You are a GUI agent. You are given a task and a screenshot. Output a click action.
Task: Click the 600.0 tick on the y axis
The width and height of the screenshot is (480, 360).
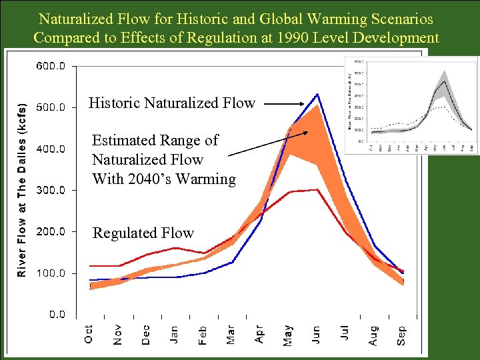(50, 66)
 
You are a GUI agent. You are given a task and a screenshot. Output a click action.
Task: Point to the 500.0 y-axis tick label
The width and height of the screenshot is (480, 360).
(50, 107)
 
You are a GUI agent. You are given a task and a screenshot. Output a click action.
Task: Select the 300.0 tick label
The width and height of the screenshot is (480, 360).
(50, 190)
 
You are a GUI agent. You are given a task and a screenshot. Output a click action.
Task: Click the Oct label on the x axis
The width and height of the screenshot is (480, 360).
(89, 334)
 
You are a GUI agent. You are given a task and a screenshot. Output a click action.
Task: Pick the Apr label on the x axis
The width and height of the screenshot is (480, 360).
(259, 334)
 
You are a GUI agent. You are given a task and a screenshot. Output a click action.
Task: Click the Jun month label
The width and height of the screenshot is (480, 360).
(316, 333)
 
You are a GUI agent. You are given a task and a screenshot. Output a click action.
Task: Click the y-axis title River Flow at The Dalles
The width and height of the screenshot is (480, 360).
(22, 190)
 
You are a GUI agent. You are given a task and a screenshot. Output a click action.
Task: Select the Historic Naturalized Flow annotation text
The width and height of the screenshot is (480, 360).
(172, 103)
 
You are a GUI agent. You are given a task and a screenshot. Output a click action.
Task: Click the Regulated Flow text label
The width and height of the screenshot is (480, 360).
(143, 233)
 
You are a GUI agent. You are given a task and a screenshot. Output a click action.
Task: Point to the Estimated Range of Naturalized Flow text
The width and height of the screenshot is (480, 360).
(163, 159)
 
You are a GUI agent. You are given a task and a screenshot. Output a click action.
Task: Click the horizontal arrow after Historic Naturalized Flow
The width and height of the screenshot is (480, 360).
(286, 103)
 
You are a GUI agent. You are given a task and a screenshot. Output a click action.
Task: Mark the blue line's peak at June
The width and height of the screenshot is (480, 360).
(317, 94)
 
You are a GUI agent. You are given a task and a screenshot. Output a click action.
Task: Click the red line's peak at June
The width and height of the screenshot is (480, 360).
(317, 189)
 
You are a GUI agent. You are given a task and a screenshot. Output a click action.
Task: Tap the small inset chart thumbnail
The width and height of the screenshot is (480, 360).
(411, 105)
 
